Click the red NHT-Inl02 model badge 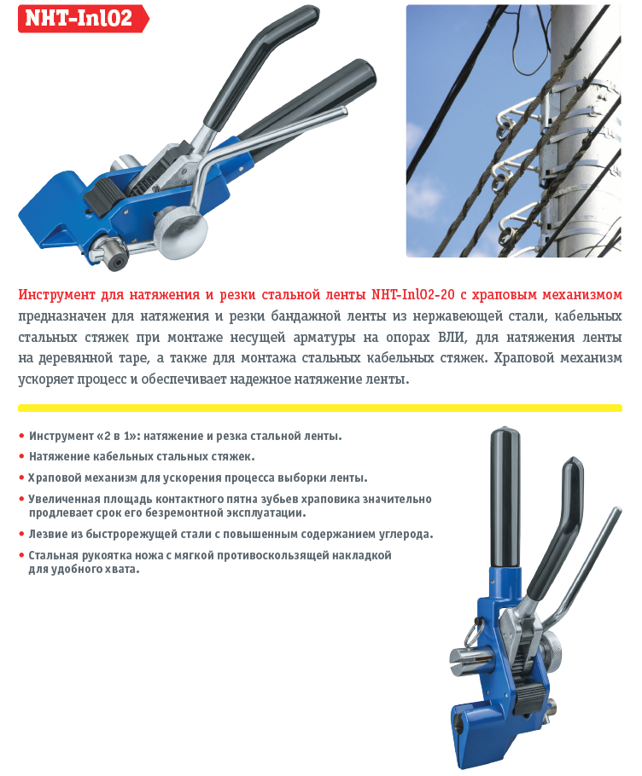pos(83,19)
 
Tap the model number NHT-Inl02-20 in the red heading pos(412,294)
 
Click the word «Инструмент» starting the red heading pos(57,295)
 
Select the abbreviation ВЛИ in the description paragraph pos(452,337)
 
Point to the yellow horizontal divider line pos(320,408)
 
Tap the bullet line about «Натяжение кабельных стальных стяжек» pos(142,456)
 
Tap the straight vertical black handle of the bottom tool pos(505,498)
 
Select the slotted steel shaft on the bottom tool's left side pos(470,663)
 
